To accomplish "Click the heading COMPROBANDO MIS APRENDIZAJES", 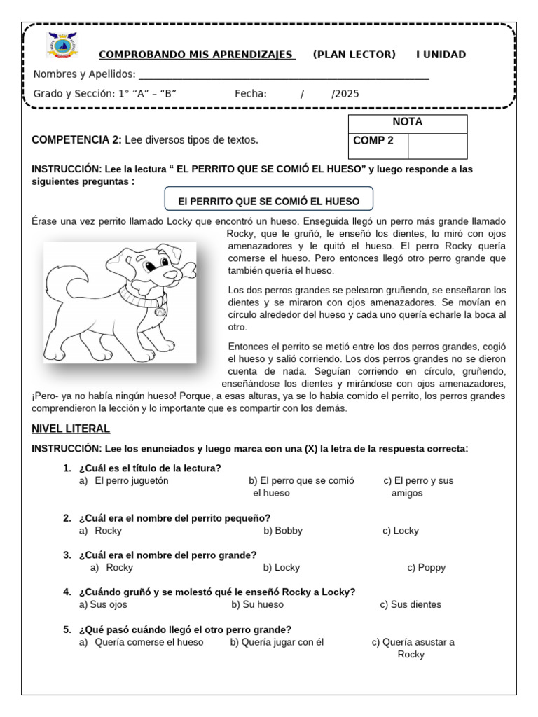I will point(197,55).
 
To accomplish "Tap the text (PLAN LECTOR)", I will point(354,55).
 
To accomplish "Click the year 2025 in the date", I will point(345,94).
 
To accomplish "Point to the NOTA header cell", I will point(407,122).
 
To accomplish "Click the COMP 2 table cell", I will point(378,141).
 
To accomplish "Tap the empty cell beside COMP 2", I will point(436,146).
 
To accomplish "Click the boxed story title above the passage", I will point(268,201).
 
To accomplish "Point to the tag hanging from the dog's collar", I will point(160,312).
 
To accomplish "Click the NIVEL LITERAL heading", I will point(71,429).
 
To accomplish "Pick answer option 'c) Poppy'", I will point(426,568).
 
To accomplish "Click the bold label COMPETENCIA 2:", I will point(76,140).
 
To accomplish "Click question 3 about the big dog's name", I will point(167,555).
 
